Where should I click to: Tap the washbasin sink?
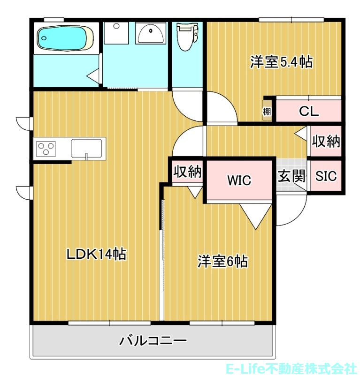point(150,33)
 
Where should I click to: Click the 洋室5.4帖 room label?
point(281,62)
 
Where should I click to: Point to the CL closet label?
point(309,112)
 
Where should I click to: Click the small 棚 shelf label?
point(267,112)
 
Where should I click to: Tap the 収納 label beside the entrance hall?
point(326,141)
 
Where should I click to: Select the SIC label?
point(326,176)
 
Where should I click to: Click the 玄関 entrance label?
point(291,176)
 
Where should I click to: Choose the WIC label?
point(239,180)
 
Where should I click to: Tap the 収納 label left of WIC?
point(187,172)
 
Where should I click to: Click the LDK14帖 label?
point(96,254)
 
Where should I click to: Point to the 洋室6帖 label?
point(222,261)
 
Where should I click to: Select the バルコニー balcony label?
point(153,340)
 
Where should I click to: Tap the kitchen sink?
point(88,148)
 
